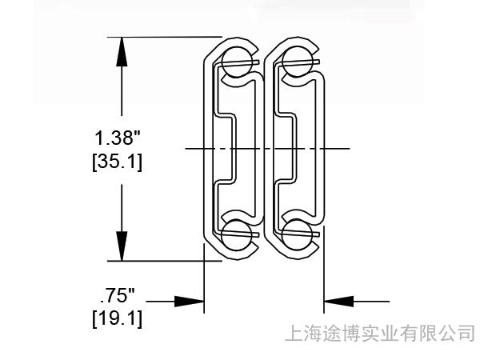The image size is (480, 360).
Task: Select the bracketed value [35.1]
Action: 118,162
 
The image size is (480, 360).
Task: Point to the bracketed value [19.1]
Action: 118,319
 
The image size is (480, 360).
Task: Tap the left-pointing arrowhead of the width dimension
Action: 338,302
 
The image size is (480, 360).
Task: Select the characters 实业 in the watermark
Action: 380,332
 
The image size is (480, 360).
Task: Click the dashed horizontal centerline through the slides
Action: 264,149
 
